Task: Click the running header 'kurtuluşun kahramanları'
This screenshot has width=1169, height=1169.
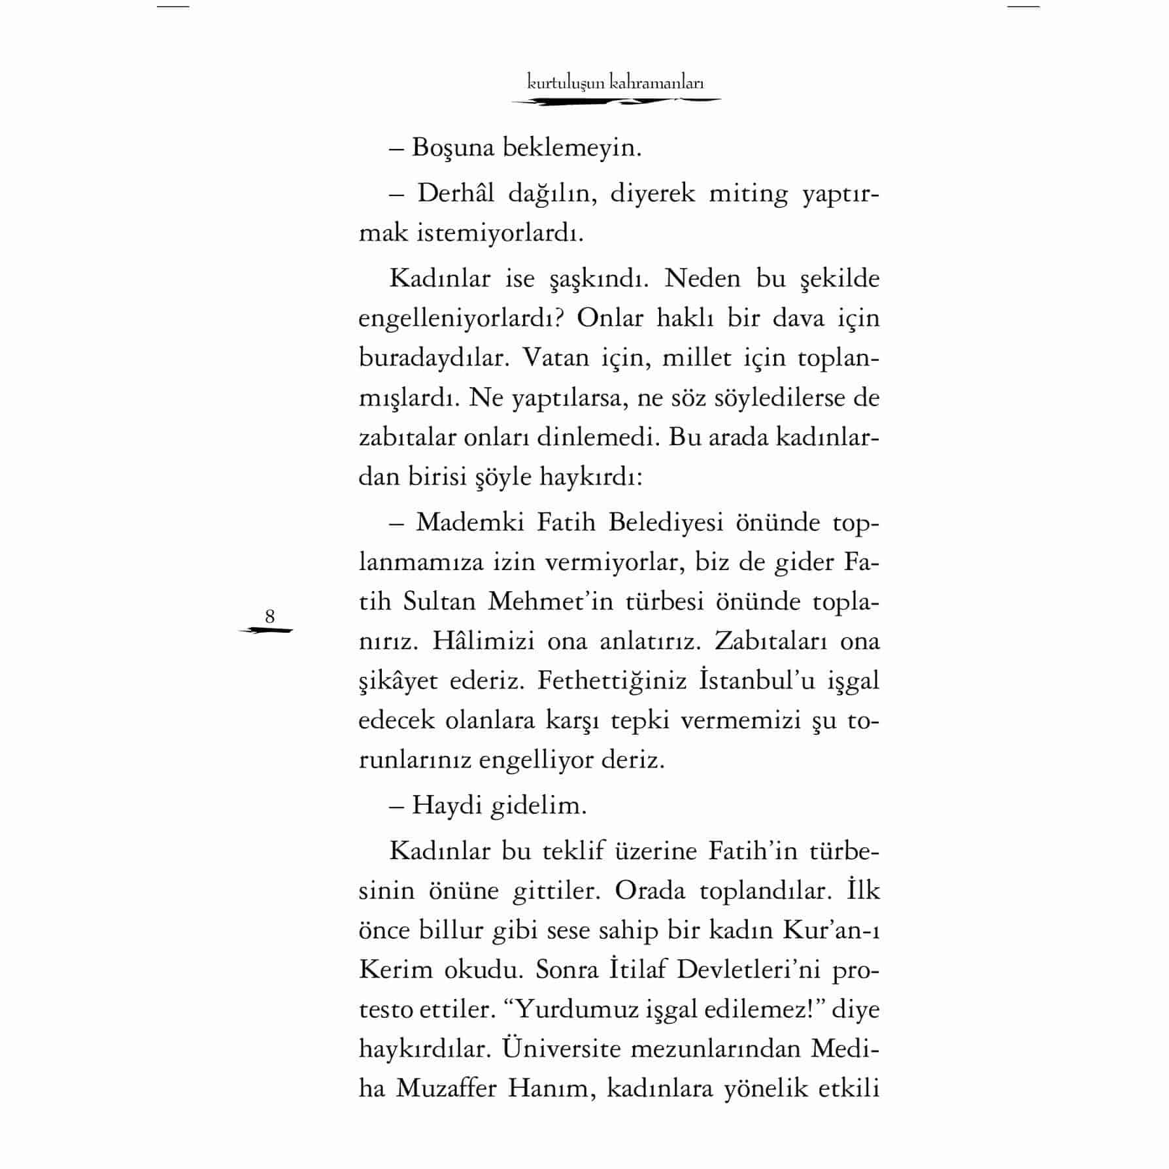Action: point(615,83)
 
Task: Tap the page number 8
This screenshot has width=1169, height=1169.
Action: point(269,616)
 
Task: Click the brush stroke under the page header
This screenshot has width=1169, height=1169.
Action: point(615,101)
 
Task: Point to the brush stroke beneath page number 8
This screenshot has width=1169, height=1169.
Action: point(266,631)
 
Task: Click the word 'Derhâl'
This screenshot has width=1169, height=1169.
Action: point(456,194)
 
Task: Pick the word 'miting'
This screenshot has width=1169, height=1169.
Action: point(748,194)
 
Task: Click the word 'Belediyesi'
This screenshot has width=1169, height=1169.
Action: point(666,522)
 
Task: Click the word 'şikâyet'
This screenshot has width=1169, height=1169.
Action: point(398,681)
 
